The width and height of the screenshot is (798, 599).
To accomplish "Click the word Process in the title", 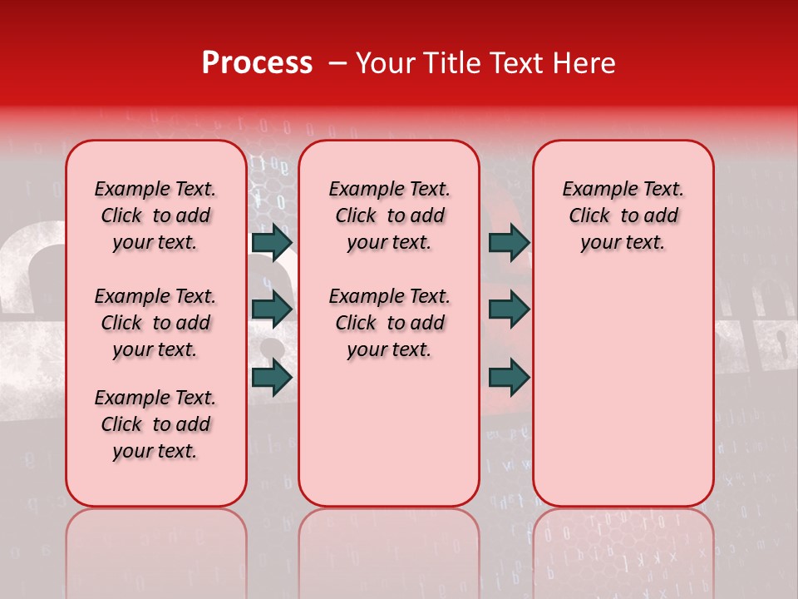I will click(256, 63).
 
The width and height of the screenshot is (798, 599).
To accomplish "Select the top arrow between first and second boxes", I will click(271, 242).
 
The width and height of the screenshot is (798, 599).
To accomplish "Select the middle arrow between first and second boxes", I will click(271, 309).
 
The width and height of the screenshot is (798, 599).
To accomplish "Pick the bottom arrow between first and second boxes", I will click(271, 377).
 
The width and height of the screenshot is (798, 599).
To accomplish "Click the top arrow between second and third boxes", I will click(509, 242).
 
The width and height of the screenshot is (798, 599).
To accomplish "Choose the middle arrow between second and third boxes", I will click(509, 309).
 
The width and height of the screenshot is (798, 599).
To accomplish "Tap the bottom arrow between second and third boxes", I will click(509, 377).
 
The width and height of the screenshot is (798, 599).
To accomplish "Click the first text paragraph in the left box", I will click(155, 215).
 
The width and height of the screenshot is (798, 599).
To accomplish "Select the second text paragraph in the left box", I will click(155, 323).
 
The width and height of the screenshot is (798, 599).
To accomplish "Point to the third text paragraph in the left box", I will click(155, 424).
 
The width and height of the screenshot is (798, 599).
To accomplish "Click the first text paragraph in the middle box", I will click(389, 215).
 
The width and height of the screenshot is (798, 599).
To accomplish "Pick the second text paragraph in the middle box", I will click(389, 323).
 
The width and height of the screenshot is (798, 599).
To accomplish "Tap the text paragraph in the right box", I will click(623, 215).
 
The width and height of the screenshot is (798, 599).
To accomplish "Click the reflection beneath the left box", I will click(156, 549).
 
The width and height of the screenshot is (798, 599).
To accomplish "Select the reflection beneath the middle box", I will click(389, 549).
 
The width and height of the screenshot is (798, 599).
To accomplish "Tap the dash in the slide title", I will click(337, 64).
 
